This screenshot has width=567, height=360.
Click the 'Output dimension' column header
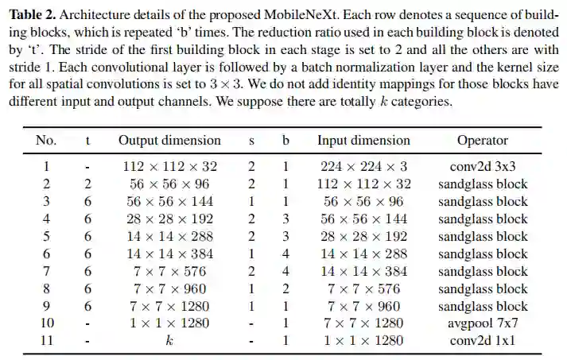pos(169,141)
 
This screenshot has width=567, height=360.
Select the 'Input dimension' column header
pos(363,141)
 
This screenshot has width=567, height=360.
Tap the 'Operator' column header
pos(482,141)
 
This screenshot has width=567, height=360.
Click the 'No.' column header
pos(46,141)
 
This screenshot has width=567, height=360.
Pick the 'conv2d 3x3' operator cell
pos(483,167)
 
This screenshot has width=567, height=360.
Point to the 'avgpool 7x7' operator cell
pos(483,324)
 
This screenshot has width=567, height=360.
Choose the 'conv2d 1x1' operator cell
pos(483,342)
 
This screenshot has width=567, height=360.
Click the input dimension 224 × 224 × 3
pos(363,167)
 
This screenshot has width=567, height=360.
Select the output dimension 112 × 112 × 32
pos(169,167)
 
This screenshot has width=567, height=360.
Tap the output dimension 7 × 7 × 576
pos(169,272)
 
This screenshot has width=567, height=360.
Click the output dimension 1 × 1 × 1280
pos(169,324)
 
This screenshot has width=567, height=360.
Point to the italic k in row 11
pos(169,342)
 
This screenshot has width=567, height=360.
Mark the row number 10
pos(46,324)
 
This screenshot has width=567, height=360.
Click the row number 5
pos(46,237)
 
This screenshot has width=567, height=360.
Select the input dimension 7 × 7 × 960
pos(363,307)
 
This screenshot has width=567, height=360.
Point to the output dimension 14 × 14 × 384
pos(169,254)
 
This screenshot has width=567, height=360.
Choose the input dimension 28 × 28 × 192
pos(363,237)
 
